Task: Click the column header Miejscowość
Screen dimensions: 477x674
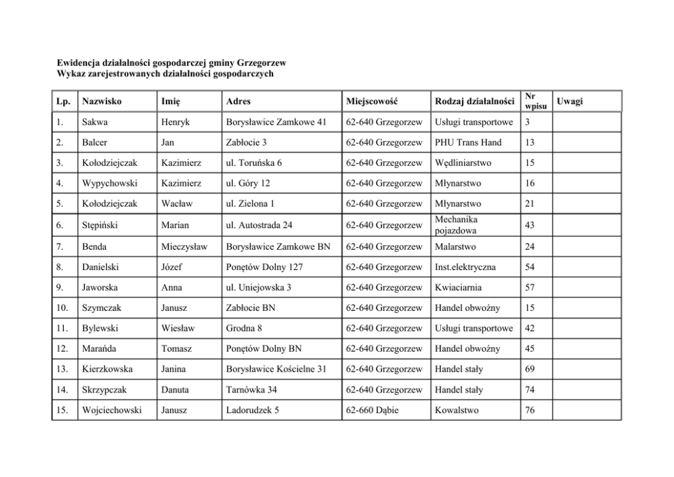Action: pos(371,101)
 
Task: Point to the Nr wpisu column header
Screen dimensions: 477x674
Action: pos(535,101)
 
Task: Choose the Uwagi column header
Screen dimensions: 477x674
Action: pos(569,101)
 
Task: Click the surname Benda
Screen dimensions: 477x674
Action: pos(94,246)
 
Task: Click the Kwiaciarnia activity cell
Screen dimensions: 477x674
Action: pos(458,287)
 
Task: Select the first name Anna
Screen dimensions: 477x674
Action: pos(171,287)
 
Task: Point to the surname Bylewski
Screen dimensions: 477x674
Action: pos(101,328)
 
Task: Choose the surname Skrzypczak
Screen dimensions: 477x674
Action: pos(105,390)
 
